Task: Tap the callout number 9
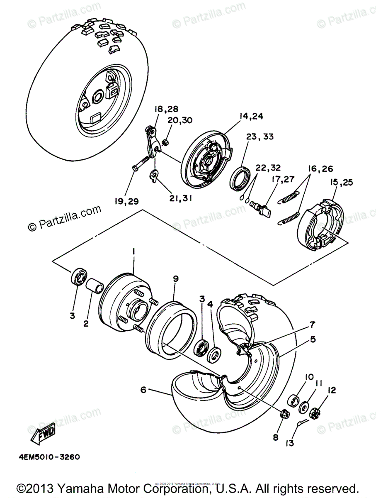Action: pos(175,279)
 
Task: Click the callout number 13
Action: pos(289,443)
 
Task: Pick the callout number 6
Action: pos(143,390)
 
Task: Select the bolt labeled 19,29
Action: pos(141,163)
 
